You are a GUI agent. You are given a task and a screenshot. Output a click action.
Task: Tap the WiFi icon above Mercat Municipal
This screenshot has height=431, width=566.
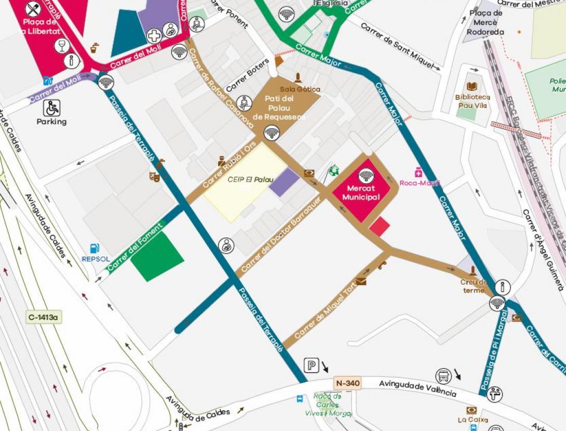pyautogui.click(x=366, y=176)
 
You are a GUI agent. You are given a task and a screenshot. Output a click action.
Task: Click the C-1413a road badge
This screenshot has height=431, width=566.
pyautogui.click(x=44, y=317)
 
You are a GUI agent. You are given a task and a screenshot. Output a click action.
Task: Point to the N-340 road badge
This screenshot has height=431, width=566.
pyautogui.click(x=347, y=384)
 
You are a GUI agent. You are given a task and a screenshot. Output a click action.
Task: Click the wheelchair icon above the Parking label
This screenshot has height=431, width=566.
pyautogui.click(x=51, y=108)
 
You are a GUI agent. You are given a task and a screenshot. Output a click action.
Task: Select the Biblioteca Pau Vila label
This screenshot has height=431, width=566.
pyautogui.click(x=472, y=101)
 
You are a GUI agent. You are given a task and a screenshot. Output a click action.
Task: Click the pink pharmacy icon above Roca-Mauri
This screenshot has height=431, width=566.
pyautogui.click(x=419, y=172)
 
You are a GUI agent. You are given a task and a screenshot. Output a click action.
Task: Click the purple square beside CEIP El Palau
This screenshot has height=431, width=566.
pyautogui.click(x=284, y=182)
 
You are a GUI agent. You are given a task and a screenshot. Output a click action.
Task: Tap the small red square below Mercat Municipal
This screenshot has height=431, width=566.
pyautogui.click(x=380, y=227)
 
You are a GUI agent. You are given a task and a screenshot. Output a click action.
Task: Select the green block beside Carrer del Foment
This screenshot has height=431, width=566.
pyautogui.click(x=157, y=257)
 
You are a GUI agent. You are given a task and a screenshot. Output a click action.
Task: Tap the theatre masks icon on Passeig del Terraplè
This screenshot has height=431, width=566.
pyautogui.click(x=154, y=176)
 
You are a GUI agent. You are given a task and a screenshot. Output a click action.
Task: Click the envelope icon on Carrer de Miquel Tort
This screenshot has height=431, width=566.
pyautogui.click(x=361, y=281)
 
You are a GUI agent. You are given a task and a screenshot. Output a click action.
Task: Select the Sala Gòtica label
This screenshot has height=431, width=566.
pyautogui.click(x=300, y=89)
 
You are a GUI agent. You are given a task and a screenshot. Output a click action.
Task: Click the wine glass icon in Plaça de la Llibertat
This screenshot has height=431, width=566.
pyautogui.click(x=62, y=46)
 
